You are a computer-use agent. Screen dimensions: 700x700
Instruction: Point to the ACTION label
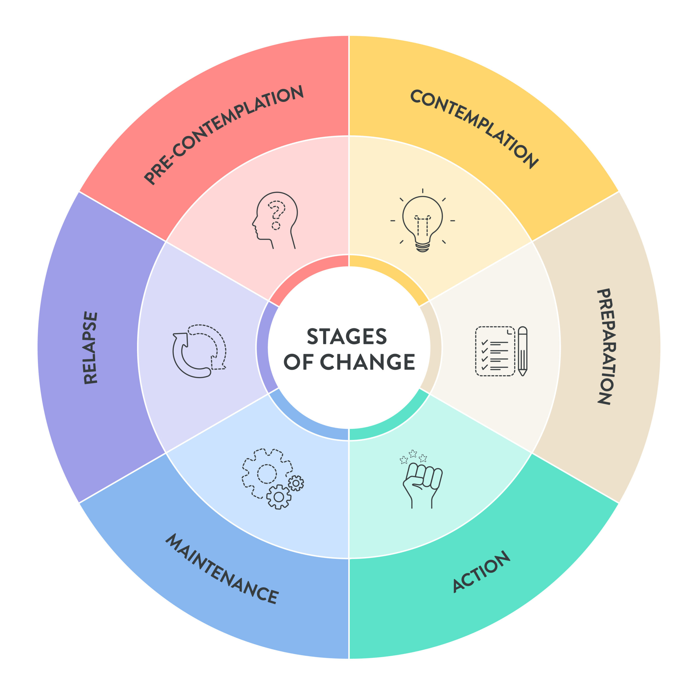point(482,571)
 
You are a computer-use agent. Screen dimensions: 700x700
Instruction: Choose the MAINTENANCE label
point(222,568)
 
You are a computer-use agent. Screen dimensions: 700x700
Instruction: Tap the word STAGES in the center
point(347,337)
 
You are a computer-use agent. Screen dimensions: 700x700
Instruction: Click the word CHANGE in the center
point(367,362)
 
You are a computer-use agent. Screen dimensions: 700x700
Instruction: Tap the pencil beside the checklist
point(523,351)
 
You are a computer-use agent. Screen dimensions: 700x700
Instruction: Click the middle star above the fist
point(413,454)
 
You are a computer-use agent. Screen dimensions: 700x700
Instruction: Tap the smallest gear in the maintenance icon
point(296,483)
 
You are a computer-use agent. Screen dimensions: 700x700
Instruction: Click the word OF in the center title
point(298,362)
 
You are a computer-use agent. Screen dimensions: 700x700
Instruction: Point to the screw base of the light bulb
point(422,247)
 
